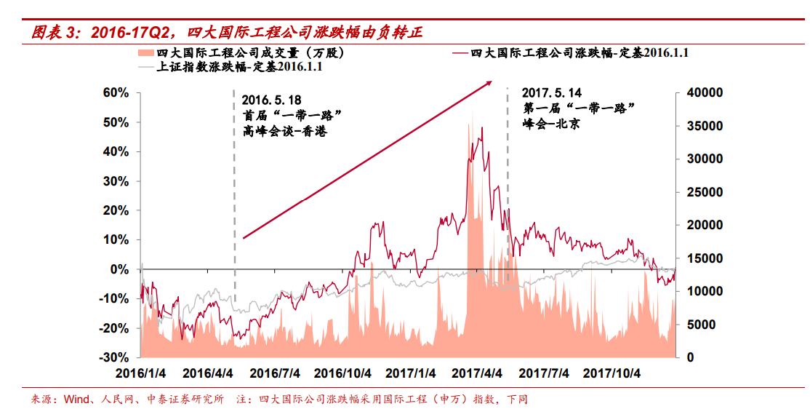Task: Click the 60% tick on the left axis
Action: click(x=115, y=93)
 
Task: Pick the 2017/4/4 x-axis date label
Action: click(x=477, y=373)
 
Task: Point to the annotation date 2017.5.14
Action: click(x=552, y=92)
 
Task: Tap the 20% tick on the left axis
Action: click(x=115, y=210)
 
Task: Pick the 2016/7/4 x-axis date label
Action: click(x=275, y=373)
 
